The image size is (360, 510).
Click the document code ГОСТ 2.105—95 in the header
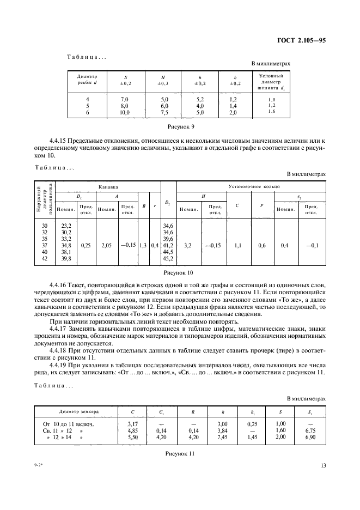301,40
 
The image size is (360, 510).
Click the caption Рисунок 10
179,272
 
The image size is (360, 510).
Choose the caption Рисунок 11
179,453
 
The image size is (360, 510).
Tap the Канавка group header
108,186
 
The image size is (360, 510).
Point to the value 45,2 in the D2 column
168,258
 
